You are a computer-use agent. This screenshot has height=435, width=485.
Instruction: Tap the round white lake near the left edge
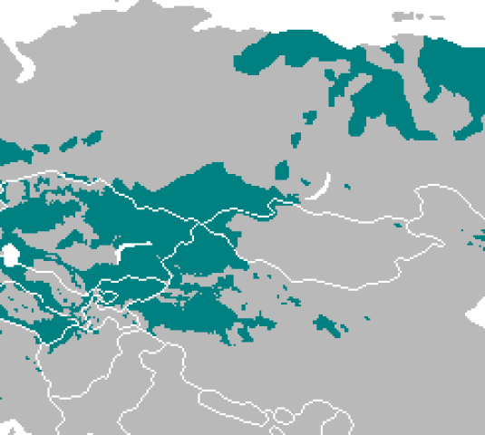(x=10, y=256)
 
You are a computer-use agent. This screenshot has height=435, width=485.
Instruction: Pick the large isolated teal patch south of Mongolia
(x=328, y=324)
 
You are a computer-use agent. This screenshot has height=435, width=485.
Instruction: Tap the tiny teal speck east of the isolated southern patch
(x=366, y=318)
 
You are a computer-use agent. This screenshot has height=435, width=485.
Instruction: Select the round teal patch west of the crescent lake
(x=282, y=169)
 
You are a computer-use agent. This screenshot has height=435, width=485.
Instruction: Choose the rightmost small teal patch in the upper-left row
(x=92, y=138)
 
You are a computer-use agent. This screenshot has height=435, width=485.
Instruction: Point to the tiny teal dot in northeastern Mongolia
(x=397, y=224)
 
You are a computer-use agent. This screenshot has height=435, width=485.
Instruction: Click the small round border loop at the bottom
(x=283, y=416)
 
